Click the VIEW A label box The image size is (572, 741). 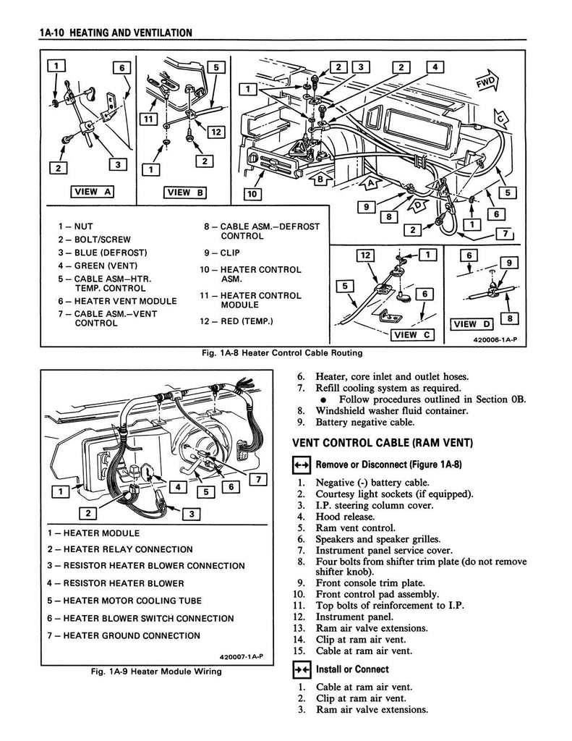(x=92, y=192)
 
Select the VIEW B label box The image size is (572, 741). (x=185, y=192)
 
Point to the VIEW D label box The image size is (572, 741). (x=472, y=324)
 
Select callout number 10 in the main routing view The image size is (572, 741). (x=252, y=194)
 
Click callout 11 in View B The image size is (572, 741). (x=148, y=119)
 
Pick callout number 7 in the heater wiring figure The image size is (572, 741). (x=258, y=480)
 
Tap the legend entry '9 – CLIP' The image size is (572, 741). (x=222, y=253)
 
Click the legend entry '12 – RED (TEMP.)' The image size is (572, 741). (x=236, y=321)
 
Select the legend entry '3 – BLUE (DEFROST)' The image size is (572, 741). (x=103, y=253)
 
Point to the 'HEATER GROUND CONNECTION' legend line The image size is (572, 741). (x=124, y=635)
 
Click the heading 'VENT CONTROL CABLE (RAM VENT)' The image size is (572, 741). (x=383, y=443)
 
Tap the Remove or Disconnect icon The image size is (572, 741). (x=302, y=465)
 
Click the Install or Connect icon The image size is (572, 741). (x=302, y=670)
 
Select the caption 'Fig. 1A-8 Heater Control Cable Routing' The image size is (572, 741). (x=282, y=352)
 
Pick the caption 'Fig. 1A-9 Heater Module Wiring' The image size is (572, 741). (x=156, y=671)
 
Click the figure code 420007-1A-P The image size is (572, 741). (x=241, y=657)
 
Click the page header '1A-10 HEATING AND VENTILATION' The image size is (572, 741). (x=116, y=33)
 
